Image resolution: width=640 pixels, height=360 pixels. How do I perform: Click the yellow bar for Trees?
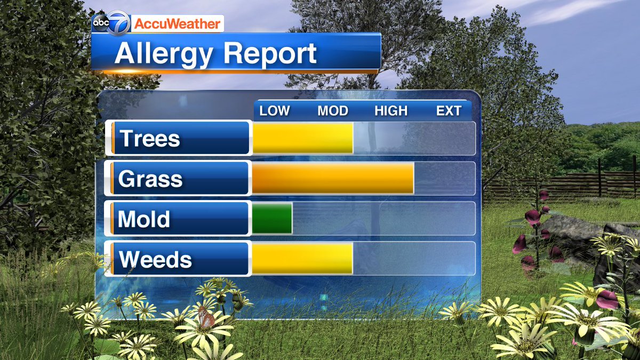[x=302, y=138]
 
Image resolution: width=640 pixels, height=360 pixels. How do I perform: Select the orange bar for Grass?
[x=332, y=178]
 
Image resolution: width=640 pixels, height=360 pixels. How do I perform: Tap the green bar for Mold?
[x=271, y=218]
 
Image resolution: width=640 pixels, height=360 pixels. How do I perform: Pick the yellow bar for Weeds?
[x=302, y=259]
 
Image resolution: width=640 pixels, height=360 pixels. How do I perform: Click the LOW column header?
[x=275, y=111]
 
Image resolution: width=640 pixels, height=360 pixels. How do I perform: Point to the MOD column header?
[x=333, y=111]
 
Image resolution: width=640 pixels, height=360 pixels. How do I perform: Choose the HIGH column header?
[x=391, y=111]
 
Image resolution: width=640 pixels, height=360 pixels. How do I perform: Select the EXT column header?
[x=449, y=111]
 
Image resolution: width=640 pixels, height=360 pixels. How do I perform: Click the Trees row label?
[x=150, y=139]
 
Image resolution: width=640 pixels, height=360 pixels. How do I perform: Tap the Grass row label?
[x=150, y=179]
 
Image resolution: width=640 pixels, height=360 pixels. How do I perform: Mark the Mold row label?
[x=144, y=219]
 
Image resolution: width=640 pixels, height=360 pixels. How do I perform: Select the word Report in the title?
[x=270, y=54]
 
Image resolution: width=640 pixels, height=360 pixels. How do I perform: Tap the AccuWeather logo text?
[x=177, y=24]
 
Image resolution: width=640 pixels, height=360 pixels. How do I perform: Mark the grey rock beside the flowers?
[x=571, y=235]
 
